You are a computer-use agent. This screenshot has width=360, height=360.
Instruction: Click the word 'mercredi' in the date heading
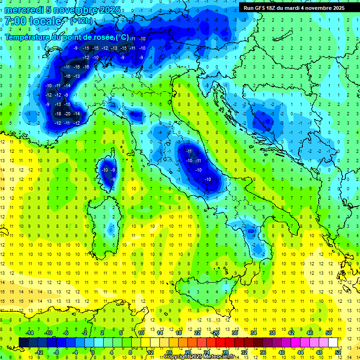point(23,9)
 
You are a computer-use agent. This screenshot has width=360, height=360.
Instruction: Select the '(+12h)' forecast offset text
point(81,21)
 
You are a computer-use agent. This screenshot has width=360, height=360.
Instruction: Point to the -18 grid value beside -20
point(58,114)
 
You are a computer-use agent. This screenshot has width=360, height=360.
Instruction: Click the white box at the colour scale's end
point(333,343)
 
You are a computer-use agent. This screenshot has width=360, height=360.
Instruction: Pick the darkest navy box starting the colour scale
point(23,343)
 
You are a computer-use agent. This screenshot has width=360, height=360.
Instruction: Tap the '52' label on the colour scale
point(338,352)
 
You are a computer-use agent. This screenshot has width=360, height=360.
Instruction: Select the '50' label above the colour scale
point(328,333)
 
